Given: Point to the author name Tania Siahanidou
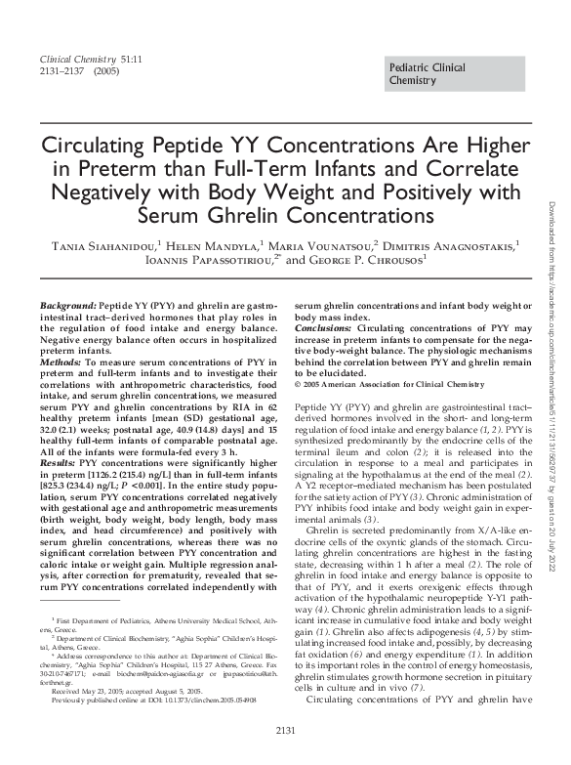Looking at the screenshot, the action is pyautogui.click(x=109, y=245).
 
